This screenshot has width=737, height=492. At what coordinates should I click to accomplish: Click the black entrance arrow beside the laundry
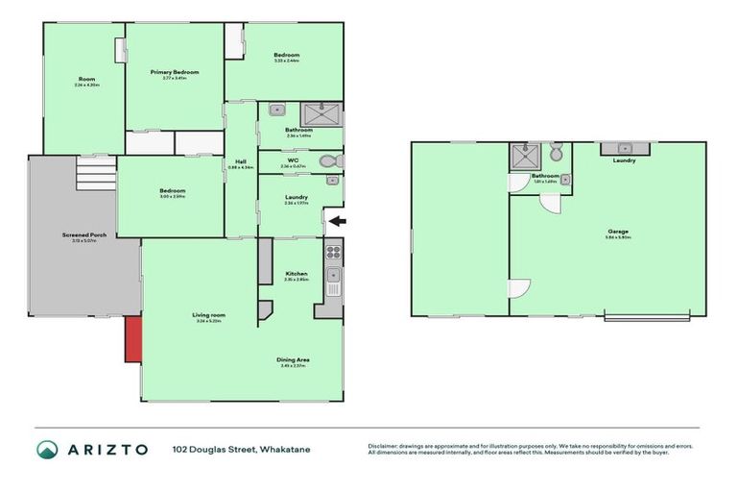[x=337, y=222]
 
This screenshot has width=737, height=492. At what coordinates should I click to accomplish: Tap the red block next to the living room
[x=133, y=339]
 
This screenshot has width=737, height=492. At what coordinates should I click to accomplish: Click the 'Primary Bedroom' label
[x=174, y=72]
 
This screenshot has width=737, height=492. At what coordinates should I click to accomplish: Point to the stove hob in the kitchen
[x=334, y=253]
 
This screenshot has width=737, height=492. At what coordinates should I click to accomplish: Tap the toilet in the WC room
[x=328, y=160]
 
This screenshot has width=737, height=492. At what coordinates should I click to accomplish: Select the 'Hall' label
[x=241, y=161]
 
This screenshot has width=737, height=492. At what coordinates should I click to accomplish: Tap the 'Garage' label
[x=617, y=232]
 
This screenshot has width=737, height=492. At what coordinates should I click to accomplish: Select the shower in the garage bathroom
[x=524, y=155]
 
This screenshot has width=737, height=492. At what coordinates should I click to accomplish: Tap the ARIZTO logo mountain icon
[x=47, y=449]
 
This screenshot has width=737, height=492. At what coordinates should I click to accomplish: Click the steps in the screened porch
[x=95, y=176]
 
